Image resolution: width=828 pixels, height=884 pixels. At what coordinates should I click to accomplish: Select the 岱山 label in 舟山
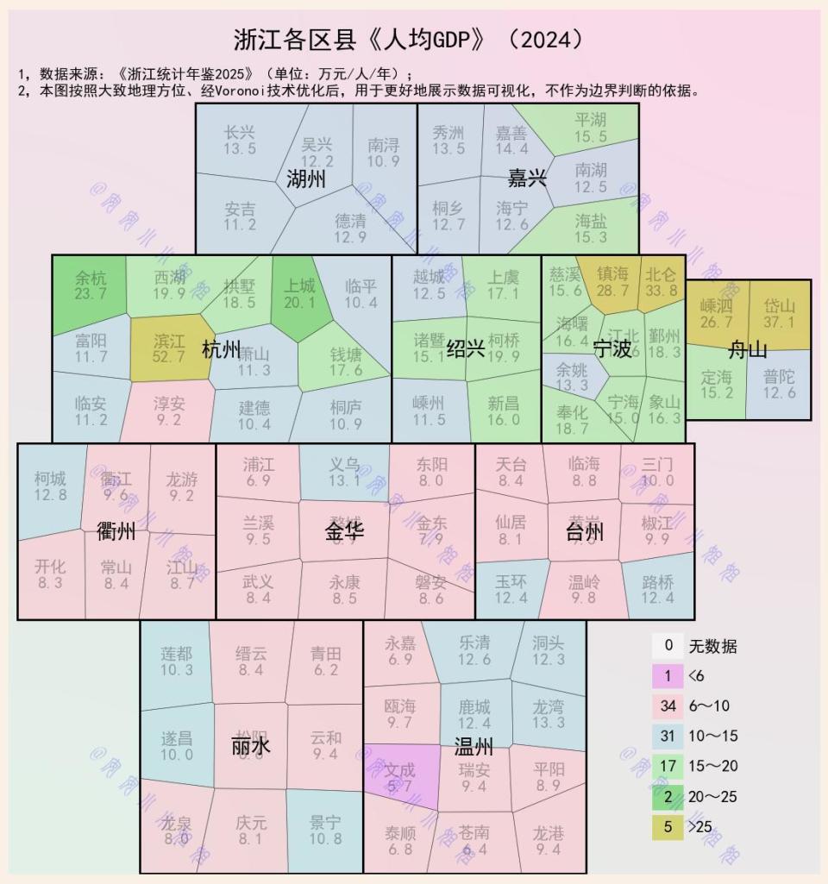click(x=779, y=305)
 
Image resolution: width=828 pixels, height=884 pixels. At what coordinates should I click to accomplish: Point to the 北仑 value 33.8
click(x=662, y=291)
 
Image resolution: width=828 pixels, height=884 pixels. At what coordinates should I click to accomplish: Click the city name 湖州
click(x=306, y=179)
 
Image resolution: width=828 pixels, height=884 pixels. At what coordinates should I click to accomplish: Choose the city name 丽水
click(x=251, y=745)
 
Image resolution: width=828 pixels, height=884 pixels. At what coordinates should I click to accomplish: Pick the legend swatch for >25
click(x=667, y=827)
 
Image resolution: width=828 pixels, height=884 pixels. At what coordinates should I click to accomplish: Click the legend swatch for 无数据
click(x=667, y=646)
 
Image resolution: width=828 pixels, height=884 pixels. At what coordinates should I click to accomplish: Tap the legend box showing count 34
click(x=667, y=706)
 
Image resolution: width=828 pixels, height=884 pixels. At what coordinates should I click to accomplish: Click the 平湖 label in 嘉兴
click(x=591, y=119)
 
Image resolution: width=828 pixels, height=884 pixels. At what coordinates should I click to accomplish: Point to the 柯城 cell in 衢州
click(x=50, y=486)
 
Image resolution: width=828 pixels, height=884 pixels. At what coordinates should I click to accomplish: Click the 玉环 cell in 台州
click(x=511, y=589)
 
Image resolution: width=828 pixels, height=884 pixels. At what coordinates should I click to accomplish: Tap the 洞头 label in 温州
click(x=549, y=643)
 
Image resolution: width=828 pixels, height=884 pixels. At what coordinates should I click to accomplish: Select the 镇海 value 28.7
click(x=612, y=291)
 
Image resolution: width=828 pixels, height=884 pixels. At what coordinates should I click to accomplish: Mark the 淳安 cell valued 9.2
click(x=169, y=411)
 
